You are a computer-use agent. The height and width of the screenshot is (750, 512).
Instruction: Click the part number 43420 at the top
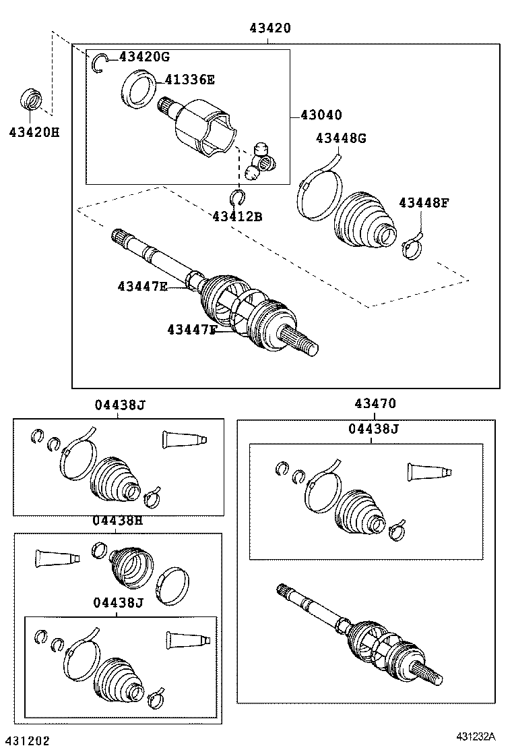tap(270, 28)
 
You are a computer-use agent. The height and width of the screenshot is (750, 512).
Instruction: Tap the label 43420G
tap(144, 57)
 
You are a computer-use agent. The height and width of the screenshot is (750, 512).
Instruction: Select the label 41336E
tap(189, 80)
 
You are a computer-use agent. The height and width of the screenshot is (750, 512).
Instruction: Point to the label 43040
tap(321, 115)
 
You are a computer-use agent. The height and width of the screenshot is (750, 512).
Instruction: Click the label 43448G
tap(341, 138)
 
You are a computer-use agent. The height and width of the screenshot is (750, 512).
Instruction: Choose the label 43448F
tap(424, 203)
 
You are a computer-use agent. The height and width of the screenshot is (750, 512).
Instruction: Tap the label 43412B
tap(237, 217)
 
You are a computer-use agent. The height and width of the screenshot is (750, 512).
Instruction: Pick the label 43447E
tap(142, 287)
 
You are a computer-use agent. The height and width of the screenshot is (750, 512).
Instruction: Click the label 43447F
tap(192, 330)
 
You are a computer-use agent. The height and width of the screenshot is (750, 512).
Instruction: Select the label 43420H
tap(34, 132)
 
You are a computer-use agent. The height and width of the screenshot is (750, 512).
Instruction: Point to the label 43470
tap(375, 404)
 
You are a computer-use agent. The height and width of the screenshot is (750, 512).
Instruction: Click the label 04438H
tap(117, 521)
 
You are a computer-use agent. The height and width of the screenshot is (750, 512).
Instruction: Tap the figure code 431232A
tap(476, 736)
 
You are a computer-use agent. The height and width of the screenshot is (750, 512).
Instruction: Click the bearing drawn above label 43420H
tap(32, 99)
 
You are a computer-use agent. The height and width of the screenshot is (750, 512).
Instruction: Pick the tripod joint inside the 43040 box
tap(260, 161)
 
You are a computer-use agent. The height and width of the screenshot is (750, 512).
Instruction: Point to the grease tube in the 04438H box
tap(57, 558)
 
